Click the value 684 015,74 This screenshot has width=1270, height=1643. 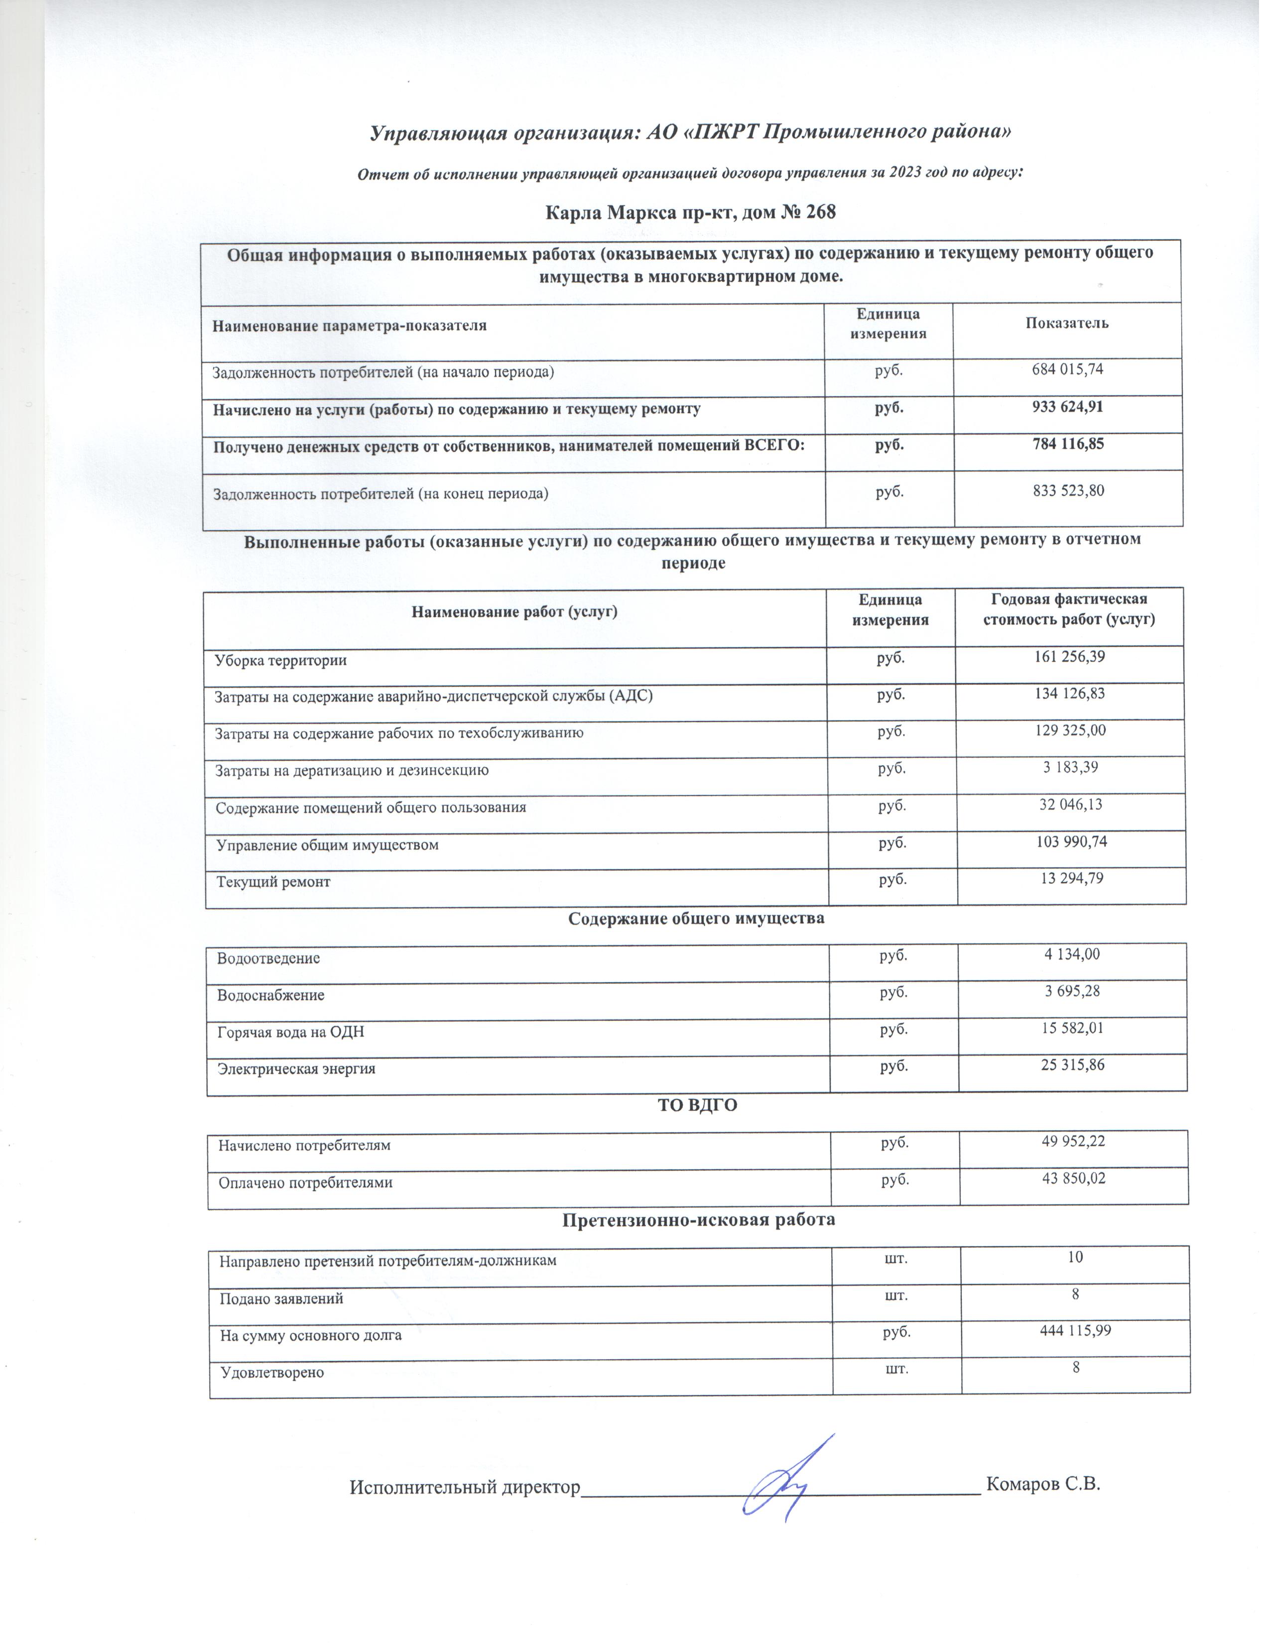click(x=1067, y=369)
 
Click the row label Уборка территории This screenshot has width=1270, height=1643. click(x=280, y=661)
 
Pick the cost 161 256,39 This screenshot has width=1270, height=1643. click(x=1068, y=657)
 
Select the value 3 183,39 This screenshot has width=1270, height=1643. click(x=1070, y=767)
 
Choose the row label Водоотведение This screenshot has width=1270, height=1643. click(x=268, y=958)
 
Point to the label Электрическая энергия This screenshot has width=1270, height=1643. click(x=296, y=1068)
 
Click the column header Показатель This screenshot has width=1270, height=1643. click(x=1066, y=324)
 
